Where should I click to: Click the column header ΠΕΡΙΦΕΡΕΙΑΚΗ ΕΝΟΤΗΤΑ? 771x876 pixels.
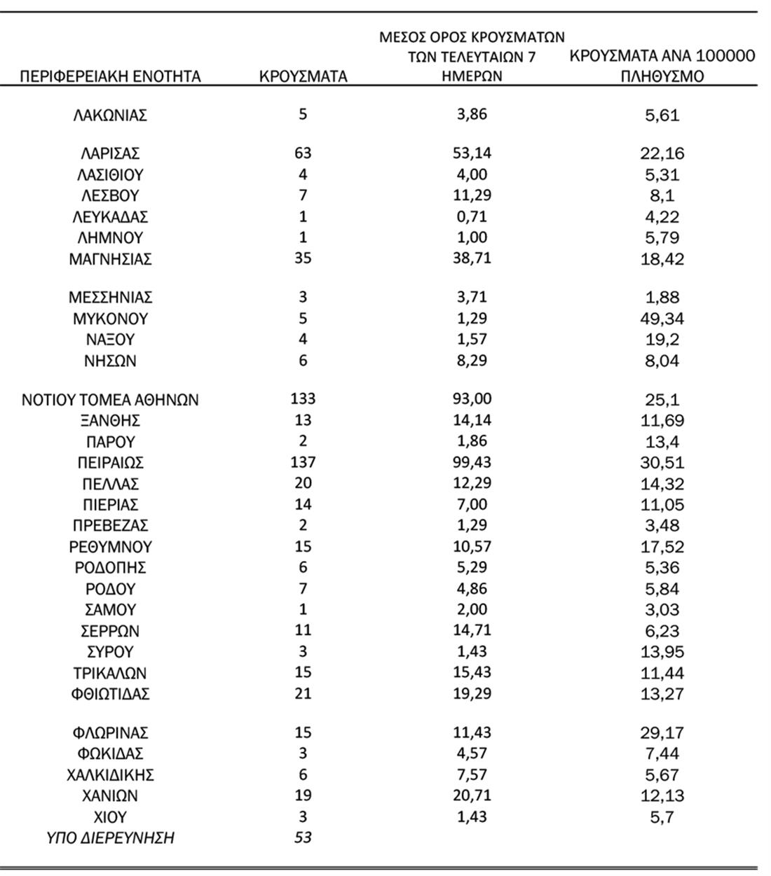tap(110, 76)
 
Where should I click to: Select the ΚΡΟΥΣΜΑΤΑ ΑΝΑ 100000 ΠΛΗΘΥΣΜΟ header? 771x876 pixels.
tap(662, 66)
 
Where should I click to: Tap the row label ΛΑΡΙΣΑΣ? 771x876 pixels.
tap(110, 153)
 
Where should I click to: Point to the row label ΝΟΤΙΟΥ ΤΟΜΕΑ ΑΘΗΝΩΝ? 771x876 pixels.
tap(110, 400)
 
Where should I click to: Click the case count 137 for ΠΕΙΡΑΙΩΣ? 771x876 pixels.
tap(303, 462)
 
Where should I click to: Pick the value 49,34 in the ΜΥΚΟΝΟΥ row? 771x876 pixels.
tap(662, 319)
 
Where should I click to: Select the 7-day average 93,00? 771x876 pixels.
tap(472, 399)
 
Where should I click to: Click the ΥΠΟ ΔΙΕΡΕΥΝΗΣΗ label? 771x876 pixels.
tap(110, 837)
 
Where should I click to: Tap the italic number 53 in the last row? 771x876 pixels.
tap(303, 837)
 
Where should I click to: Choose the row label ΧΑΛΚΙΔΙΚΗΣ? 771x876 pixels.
tap(110, 775)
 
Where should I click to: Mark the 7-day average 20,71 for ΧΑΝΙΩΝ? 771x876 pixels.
tap(472, 795)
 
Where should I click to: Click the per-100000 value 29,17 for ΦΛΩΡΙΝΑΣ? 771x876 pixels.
tap(662, 733)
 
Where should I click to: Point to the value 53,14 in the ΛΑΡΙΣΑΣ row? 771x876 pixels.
tap(472, 153)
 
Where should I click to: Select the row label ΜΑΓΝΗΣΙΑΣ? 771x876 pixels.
tap(110, 259)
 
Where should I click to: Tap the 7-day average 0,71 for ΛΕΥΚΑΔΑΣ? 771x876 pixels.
tap(472, 216)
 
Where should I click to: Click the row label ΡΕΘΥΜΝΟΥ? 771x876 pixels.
tap(110, 546)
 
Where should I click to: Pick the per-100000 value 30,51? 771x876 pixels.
tap(662, 463)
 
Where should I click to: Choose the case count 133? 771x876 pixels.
tap(303, 399)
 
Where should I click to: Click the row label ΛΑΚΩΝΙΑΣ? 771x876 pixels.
tap(110, 115)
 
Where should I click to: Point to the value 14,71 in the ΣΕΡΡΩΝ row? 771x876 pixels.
tap(472, 630)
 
